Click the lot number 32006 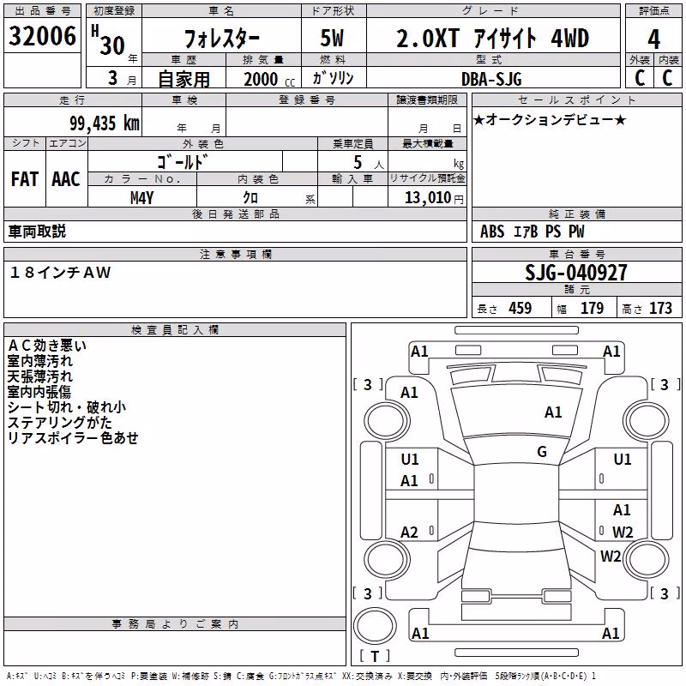(x=42, y=36)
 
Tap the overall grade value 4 (x=653, y=39)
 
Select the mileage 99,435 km (x=105, y=123)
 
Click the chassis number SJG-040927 (x=576, y=273)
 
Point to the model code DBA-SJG (x=491, y=79)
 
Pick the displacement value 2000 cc (x=269, y=80)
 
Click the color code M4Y (x=141, y=198)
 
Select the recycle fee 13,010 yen (x=434, y=198)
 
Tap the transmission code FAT (x=25, y=179)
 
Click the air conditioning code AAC (x=66, y=179)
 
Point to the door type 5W (x=332, y=38)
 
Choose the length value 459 (x=521, y=308)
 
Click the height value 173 (x=660, y=308)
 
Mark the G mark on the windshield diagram (x=542, y=451)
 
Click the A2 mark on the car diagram (x=409, y=532)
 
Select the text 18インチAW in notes (x=60, y=273)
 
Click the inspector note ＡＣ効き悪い (x=47, y=346)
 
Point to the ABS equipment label (x=492, y=232)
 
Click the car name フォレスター (x=222, y=39)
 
